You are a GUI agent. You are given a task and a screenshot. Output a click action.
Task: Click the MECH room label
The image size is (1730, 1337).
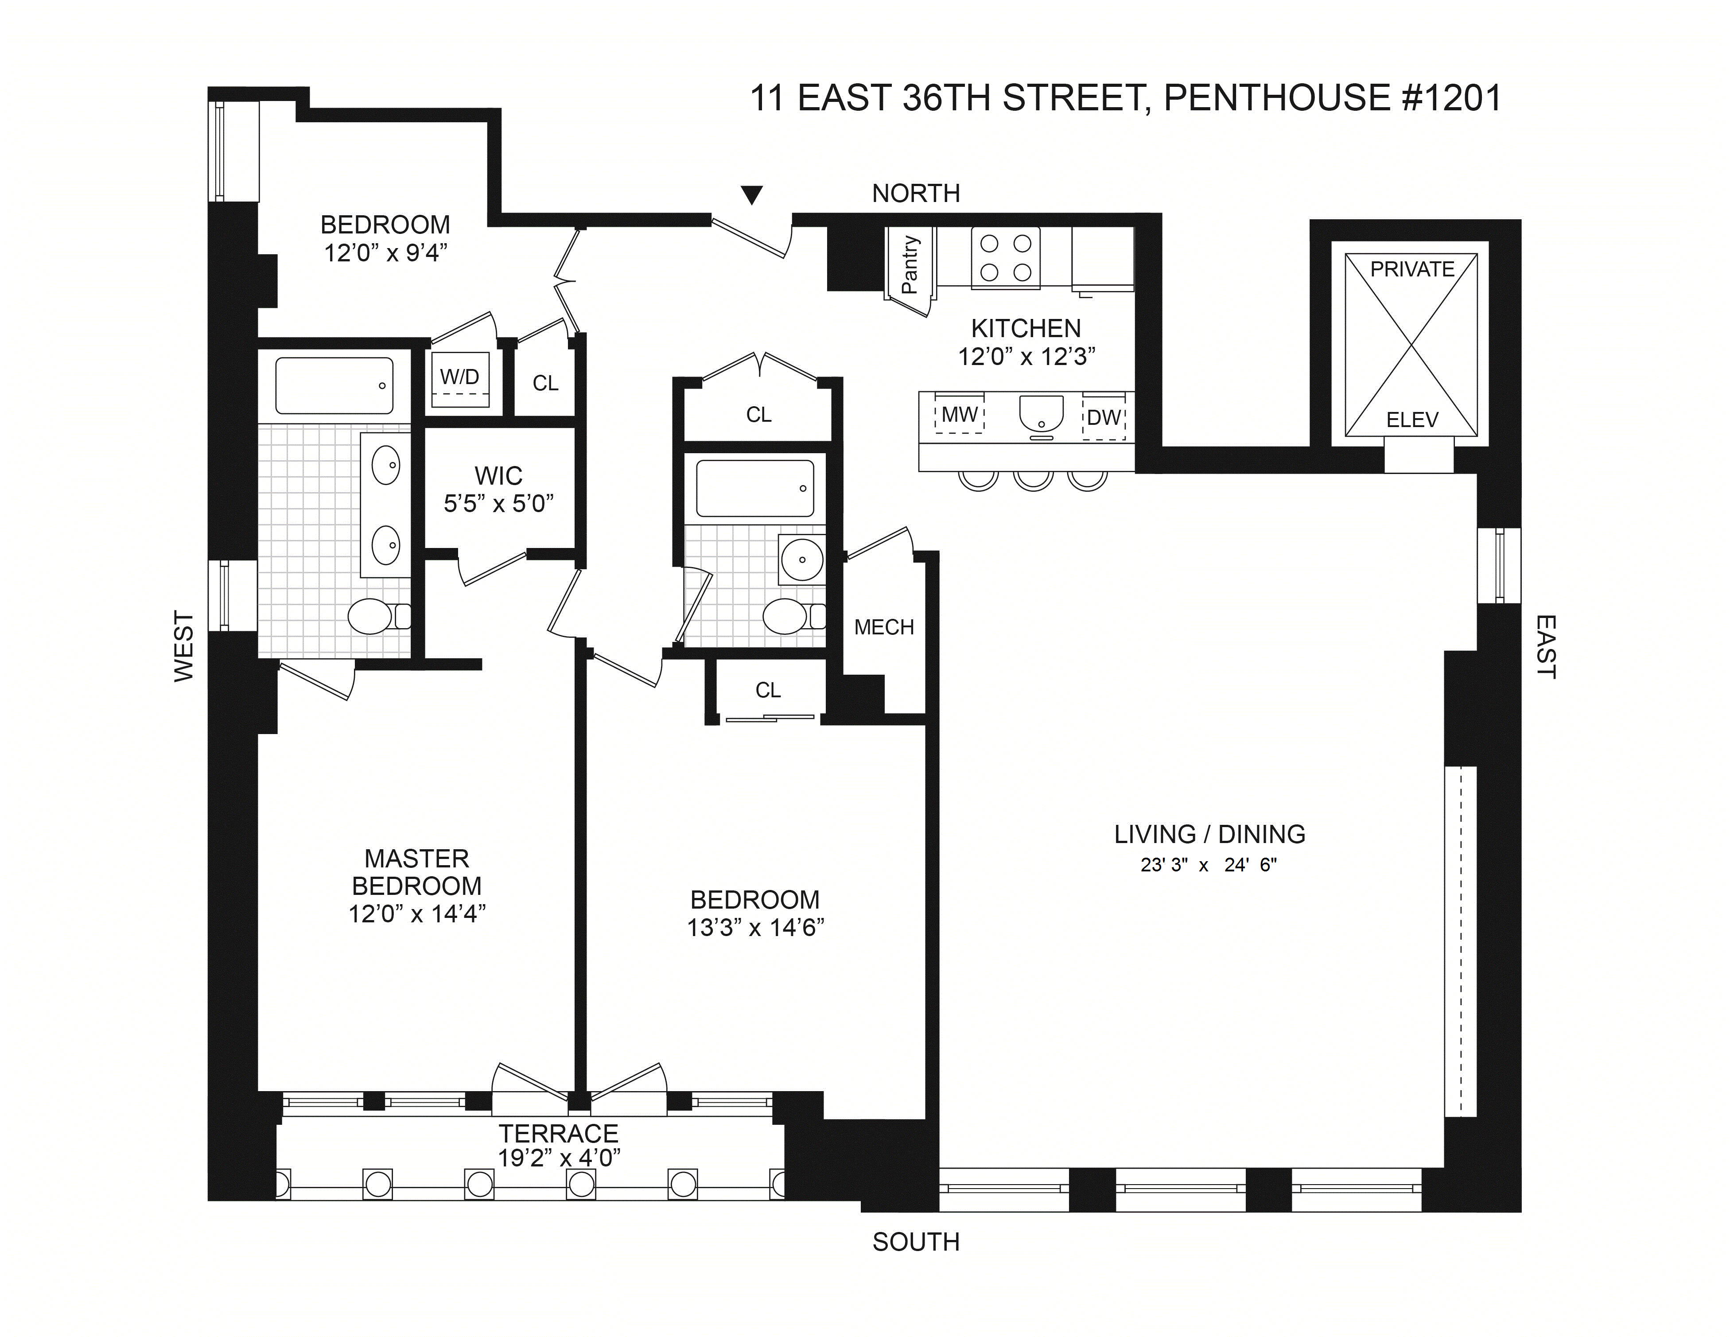click(x=884, y=627)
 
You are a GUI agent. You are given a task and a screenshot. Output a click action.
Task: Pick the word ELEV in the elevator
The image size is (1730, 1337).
click(x=1411, y=420)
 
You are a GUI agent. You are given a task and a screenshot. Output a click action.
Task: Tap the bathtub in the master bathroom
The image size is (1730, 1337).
click(x=334, y=386)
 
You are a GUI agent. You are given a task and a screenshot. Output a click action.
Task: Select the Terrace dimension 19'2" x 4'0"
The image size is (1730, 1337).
click(x=559, y=1158)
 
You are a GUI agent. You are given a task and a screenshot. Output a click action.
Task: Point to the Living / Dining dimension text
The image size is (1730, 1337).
click(x=1209, y=865)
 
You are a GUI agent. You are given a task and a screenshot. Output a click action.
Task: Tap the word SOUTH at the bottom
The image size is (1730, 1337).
click(x=916, y=1242)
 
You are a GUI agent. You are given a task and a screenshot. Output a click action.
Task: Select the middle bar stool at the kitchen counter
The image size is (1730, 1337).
click(x=1033, y=479)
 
